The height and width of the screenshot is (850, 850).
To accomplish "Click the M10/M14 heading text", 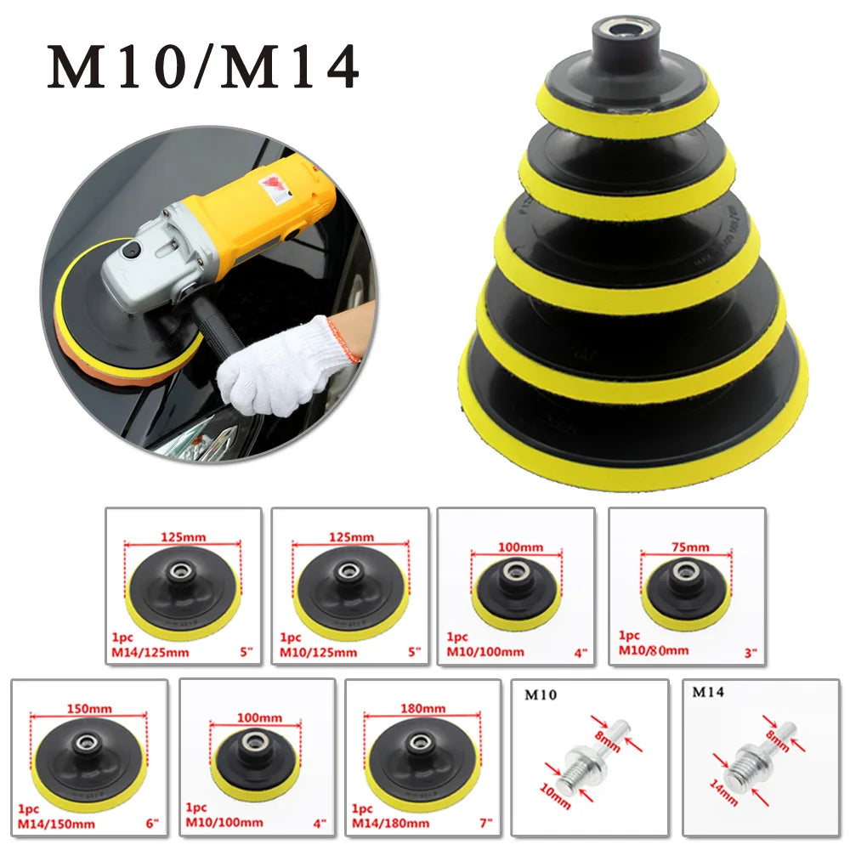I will (x=202, y=67).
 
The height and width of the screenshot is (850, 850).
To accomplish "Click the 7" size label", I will (x=484, y=823).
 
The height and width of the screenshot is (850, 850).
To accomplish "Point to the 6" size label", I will (x=150, y=823).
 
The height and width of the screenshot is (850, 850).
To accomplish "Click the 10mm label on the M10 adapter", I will (x=557, y=796).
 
